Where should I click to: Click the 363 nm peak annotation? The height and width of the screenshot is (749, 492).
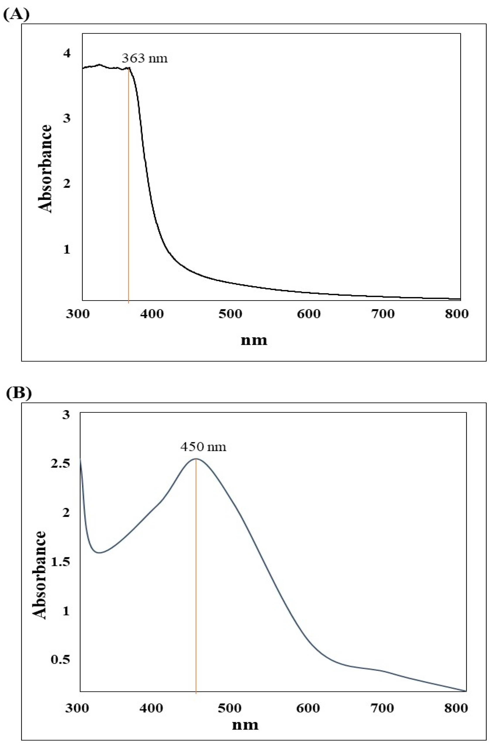click(x=145, y=58)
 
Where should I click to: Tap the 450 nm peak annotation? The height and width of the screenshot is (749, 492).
click(x=203, y=447)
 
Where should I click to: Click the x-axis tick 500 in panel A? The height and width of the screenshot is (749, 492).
click(x=231, y=314)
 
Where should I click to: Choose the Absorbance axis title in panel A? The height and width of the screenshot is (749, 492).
click(x=45, y=169)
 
